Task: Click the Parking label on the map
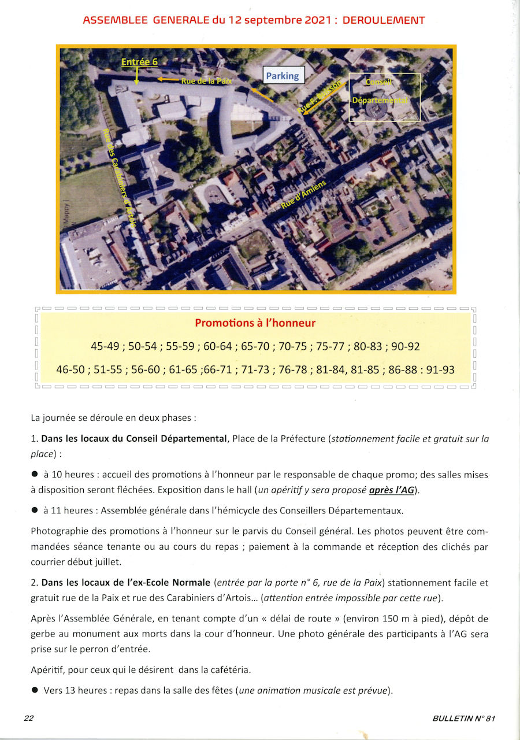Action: [x=283, y=75]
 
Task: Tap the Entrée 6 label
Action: [x=139, y=62]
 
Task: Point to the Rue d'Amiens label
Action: [x=304, y=195]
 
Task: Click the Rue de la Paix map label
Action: [x=206, y=81]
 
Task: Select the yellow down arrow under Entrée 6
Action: [x=136, y=76]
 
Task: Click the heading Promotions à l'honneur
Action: [x=255, y=323]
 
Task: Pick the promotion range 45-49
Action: [x=105, y=347]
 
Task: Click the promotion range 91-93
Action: [x=440, y=369]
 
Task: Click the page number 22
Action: [x=29, y=718]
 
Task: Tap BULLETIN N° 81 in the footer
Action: [x=463, y=718]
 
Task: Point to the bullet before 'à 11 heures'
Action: [x=35, y=510]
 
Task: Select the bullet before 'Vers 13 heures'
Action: [x=35, y=690]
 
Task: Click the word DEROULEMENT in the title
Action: [x=384, y=20]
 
